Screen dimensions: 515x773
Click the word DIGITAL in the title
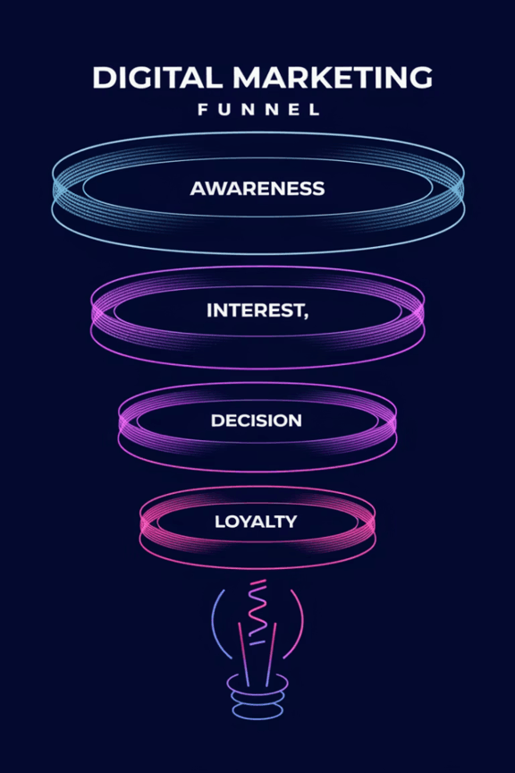157,78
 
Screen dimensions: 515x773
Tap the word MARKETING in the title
333,78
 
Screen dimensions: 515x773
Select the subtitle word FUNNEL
259,109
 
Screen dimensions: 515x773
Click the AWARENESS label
257,188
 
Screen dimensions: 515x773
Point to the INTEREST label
256,310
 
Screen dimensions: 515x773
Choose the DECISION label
257,420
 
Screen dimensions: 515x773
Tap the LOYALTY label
256,522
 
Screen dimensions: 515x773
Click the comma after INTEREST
306,316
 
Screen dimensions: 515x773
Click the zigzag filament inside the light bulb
257,612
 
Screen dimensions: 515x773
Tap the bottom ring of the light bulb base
257,710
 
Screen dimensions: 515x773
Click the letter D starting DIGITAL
103,78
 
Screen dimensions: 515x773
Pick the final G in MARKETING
421,78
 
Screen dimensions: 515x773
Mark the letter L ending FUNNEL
316,109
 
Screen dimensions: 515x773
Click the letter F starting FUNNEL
203,109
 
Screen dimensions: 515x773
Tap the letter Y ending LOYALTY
291,522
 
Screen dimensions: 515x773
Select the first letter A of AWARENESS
198,188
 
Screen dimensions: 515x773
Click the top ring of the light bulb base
257,683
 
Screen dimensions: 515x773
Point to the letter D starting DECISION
217,420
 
